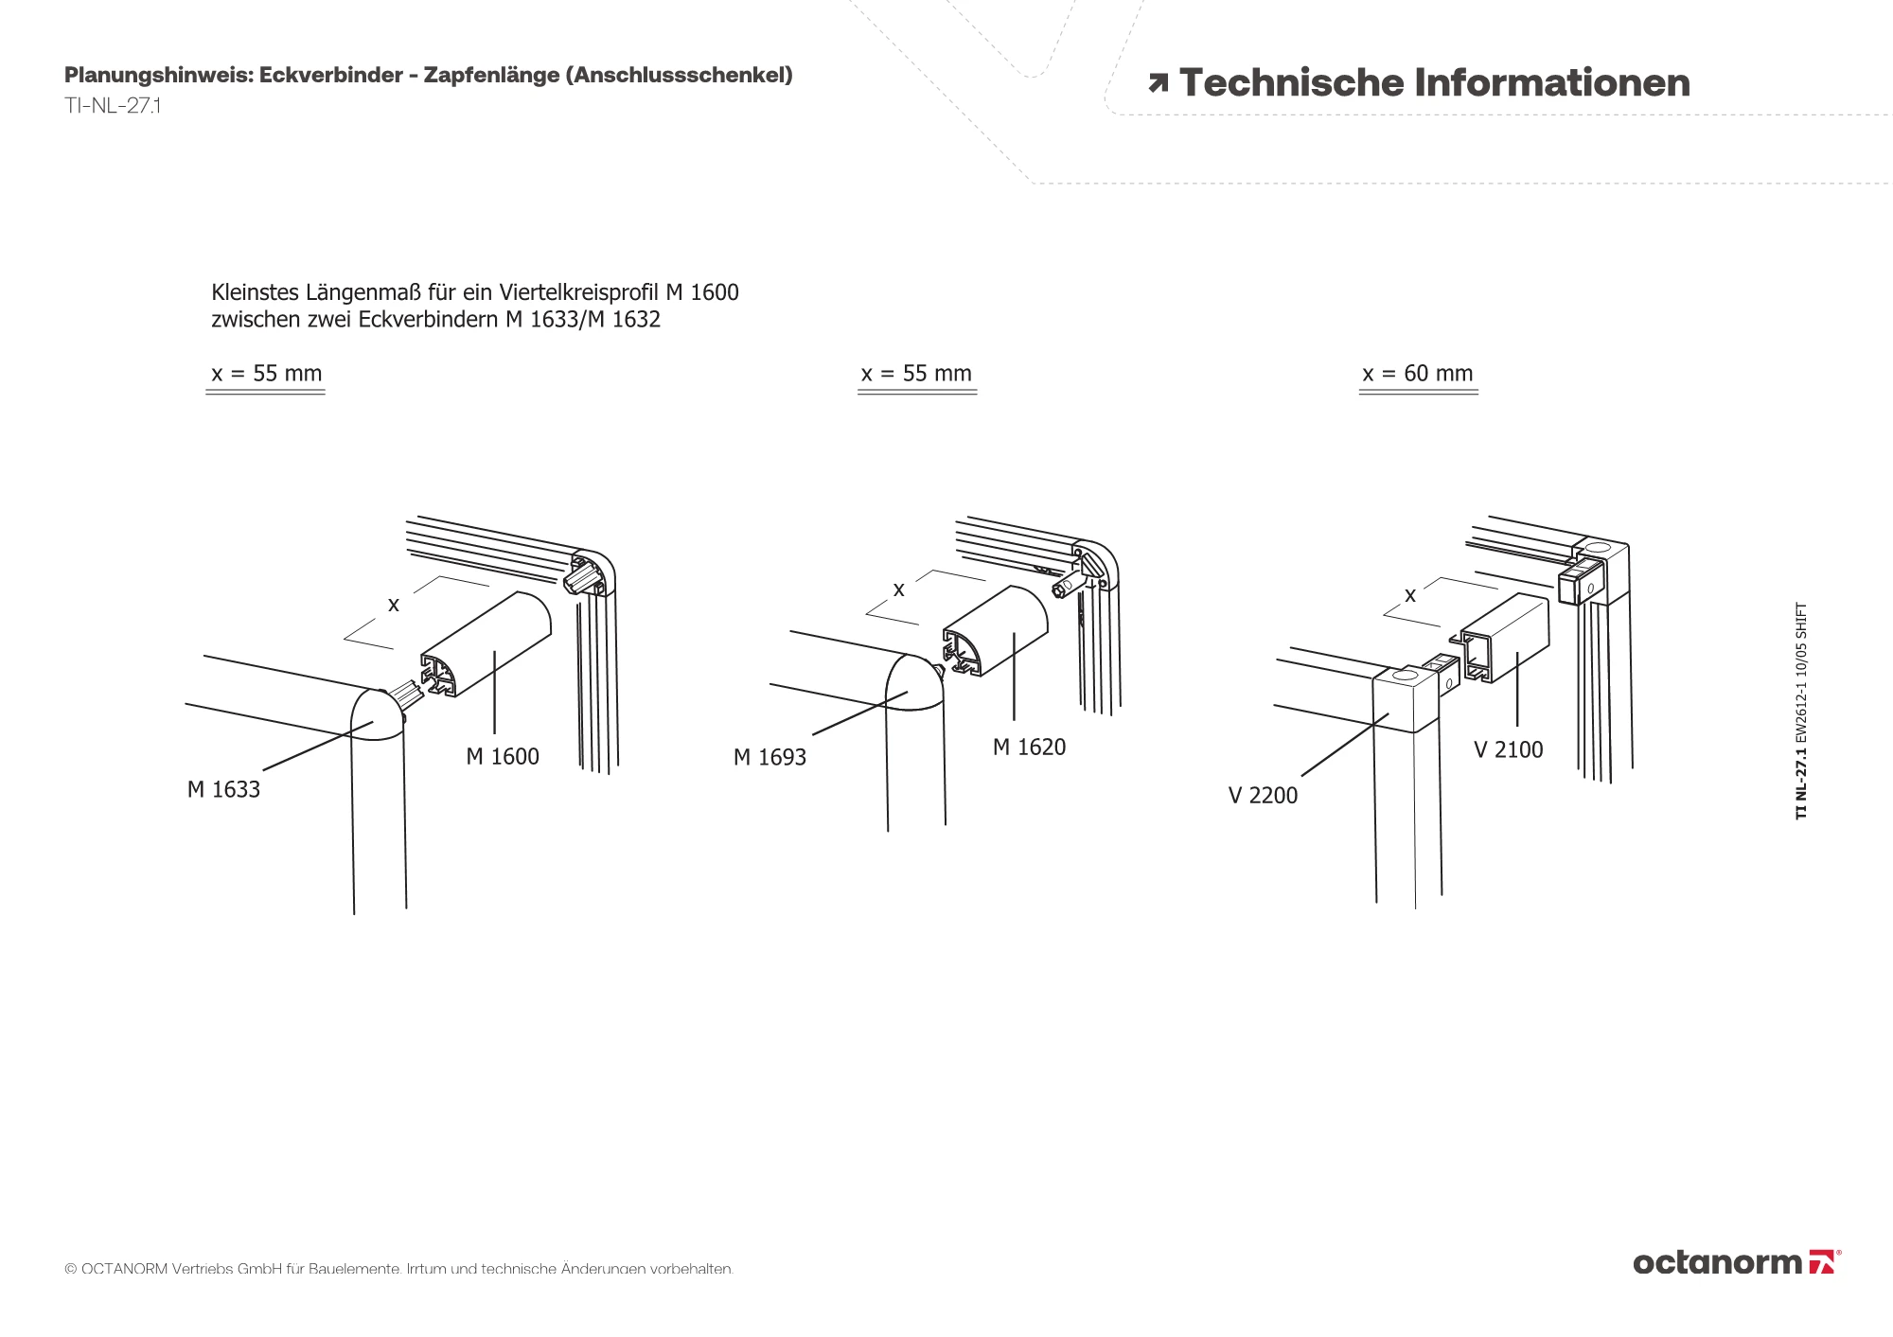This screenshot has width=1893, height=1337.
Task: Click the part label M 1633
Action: (x=223, y=789)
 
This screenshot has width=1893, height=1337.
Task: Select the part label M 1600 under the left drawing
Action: (x=503, y=756)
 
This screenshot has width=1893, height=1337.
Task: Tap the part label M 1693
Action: (x=770, y=757)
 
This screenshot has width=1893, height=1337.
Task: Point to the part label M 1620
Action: (x=1029, y=747)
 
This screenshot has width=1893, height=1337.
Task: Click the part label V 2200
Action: (x=1263, y=795)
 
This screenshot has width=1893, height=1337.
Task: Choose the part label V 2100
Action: (x=1508, y=749)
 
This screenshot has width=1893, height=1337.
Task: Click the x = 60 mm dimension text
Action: (x=1418, y=373)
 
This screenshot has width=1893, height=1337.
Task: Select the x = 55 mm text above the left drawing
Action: (x=266, y=373)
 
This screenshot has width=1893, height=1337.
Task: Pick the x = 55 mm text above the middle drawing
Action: (x=916, y=373)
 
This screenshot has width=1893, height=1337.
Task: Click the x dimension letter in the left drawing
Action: (x=394, y=605)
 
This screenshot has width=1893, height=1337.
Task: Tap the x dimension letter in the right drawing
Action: (x=1410, y=595)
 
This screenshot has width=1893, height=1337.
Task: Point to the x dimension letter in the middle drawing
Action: (x=899, y=589)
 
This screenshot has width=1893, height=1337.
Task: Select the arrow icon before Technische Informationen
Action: (x=1158, y=83)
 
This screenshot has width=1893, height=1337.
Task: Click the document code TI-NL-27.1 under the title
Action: (x=113, y=105)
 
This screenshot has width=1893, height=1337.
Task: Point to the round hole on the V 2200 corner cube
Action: (x=1403, y=675)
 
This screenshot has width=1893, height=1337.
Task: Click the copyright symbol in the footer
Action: (x=70, y=1269)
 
